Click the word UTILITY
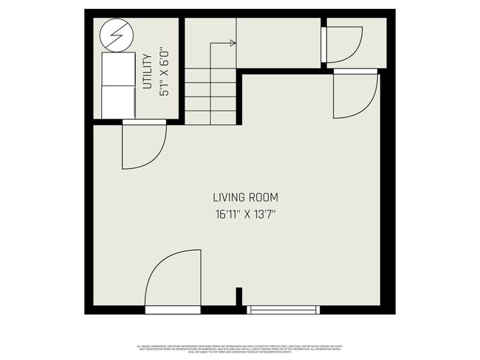(x=147, y=72)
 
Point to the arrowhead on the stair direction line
(x=233, y=44)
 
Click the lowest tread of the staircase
(x=210, y=117)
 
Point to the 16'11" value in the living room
(x=227, y=215)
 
